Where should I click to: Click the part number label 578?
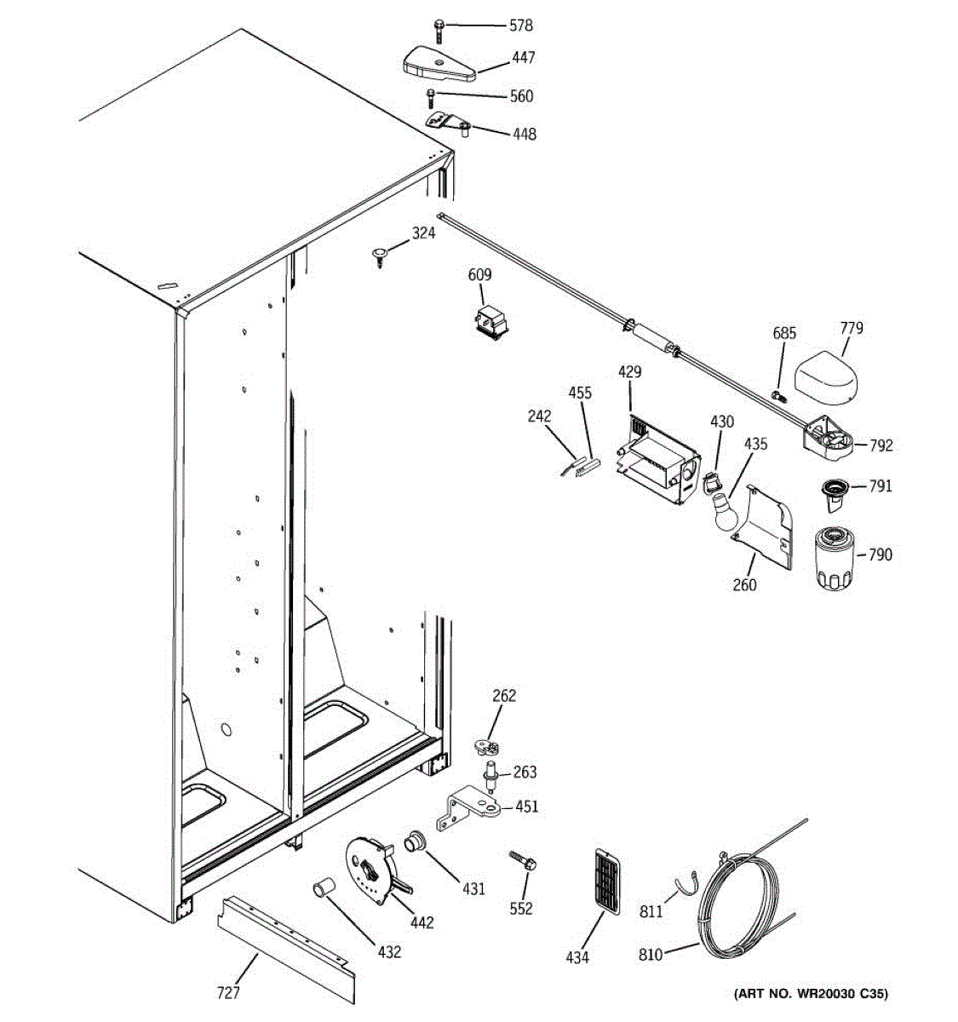[x=520, y=26]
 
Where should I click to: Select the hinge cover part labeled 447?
[x=435, y=62]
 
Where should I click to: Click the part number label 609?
[x=479, y=275]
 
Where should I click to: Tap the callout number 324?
[x=423, y=233]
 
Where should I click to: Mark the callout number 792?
[x=881, y=445]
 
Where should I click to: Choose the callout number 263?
[x=525, y=772]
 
